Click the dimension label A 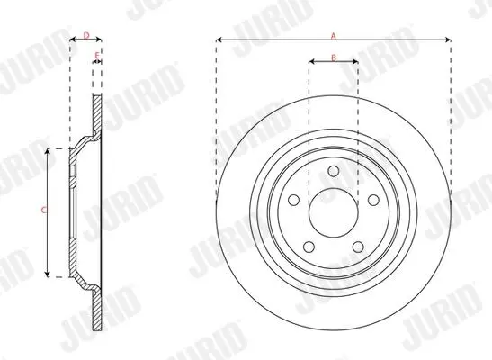334,36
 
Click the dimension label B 334,58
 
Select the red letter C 43,210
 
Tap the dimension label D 87,35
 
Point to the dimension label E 97,56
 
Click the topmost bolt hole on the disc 334,171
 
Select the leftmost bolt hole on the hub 294,200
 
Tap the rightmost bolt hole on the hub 373,200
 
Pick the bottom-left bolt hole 309,247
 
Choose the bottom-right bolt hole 358,247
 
